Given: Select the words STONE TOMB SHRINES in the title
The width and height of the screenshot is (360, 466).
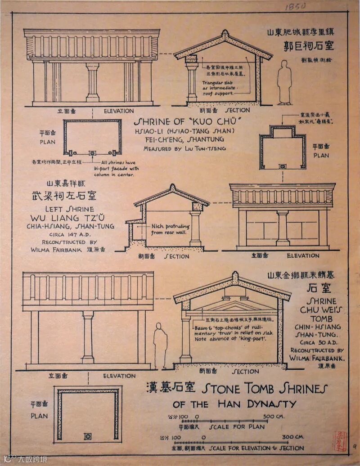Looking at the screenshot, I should click(x=265, y=388).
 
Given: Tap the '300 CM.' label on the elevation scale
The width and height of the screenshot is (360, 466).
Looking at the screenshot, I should click(x=293, y=437).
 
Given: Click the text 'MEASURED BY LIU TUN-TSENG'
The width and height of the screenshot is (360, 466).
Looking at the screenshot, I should click(x=184, y=148).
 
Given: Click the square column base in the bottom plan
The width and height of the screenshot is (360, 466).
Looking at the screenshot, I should click(x=88, y=436).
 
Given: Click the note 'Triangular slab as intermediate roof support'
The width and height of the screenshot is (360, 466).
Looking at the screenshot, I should click(x=219, y=88).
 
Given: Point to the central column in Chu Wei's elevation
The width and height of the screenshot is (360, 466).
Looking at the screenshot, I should click(x=88, y=337).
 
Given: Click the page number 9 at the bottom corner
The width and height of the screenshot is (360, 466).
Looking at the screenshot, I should click(x=354, y=447).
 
